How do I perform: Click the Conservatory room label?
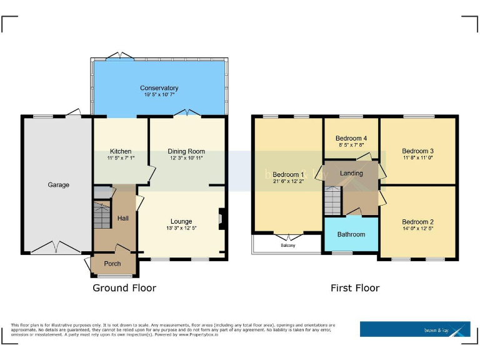coord(159,88)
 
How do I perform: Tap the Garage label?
coord(59,185)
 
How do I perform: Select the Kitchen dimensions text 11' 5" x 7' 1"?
coord(121,159)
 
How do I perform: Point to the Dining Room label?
coord(186,151)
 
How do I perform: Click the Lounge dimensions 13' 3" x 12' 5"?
coord(181,228)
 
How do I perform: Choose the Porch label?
coord(112,264)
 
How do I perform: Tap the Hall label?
coord(122,217)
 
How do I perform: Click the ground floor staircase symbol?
coord(101,214)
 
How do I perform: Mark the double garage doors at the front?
coord(56,249)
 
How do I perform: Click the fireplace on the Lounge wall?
coord(220,218)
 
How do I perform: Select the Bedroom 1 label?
coord(288,174)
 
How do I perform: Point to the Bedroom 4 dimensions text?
coord(351,146)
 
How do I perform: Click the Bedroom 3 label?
coord(417,151)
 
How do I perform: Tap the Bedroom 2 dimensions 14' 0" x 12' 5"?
coord(417,229)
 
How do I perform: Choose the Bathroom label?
coord(351,234)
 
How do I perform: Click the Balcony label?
coord(288,245)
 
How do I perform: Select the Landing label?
coord(351,173)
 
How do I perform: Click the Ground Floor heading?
coord(124,288)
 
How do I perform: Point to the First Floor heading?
coord(355,288)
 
